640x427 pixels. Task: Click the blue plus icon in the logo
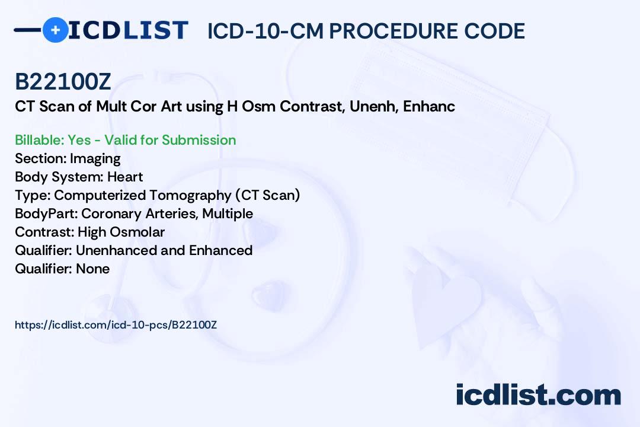pos(55,30)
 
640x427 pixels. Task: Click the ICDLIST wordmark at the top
pos(128,30)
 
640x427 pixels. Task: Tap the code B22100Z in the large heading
pos(63,82)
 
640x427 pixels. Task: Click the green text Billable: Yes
pos(53,140)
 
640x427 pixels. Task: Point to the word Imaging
pos(95,158)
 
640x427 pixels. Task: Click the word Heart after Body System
pos(125,177)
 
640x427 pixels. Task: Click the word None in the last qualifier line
pos(92,269)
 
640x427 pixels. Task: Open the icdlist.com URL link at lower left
pos(116,325)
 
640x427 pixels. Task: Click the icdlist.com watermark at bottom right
pos(538,395)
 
